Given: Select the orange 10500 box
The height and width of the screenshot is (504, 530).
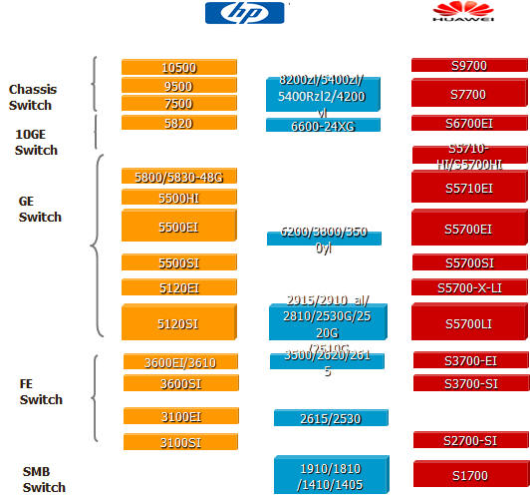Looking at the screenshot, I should (179, 67).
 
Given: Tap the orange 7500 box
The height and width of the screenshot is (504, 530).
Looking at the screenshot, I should (179, 104).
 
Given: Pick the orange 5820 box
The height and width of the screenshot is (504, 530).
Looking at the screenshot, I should (179, 123).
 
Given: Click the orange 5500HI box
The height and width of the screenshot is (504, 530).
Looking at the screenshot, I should (179, 198).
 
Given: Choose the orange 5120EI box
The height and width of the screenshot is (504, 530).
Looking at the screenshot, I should (179, 287).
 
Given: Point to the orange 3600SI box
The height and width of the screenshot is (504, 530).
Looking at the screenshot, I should (180, 383).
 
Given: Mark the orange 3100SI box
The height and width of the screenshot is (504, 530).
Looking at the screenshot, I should (180, 441).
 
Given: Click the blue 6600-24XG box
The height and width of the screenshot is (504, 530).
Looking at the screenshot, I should (323, 126).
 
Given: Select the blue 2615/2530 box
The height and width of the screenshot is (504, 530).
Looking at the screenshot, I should (331, 417).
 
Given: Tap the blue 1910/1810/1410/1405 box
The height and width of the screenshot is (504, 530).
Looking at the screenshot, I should (332, 475).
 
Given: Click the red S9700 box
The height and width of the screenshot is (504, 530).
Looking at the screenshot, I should (468, 66).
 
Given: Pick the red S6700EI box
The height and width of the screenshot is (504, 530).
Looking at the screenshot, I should (468, 124).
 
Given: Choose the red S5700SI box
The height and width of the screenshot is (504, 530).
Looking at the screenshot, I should (468, 262).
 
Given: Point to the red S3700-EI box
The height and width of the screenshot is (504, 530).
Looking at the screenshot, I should (470, 360).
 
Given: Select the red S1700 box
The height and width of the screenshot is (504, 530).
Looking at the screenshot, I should (470, 475).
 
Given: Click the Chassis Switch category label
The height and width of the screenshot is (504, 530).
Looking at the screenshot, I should (30, 98).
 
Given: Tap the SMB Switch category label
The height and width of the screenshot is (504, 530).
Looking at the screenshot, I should (44, 479).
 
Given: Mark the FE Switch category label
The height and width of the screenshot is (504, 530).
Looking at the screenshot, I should (40, 391).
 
